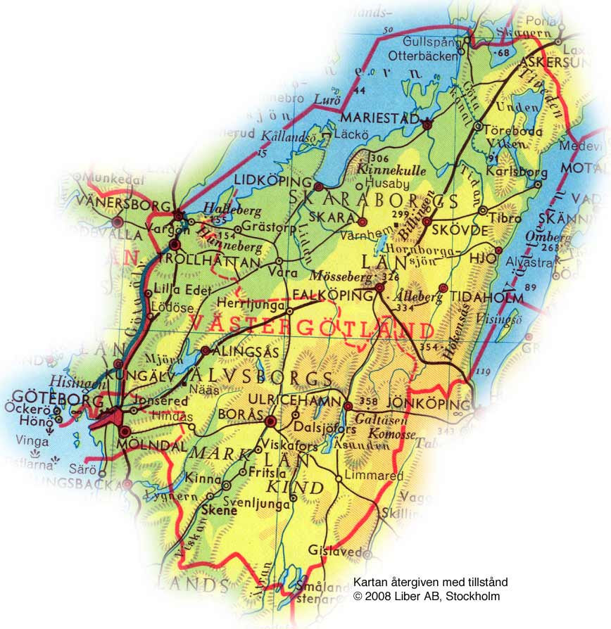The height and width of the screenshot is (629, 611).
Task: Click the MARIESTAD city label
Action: click(x=379, y=118)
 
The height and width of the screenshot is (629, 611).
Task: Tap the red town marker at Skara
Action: click(x=363, y=221)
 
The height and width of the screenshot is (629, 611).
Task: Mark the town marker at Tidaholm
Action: click(x=443, y=288)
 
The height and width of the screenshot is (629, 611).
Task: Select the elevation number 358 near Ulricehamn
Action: click(x=368, y=402)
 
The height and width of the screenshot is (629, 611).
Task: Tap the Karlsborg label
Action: click(x=506, y=172)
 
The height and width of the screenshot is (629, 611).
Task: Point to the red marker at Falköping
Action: click(x=380, y=288)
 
